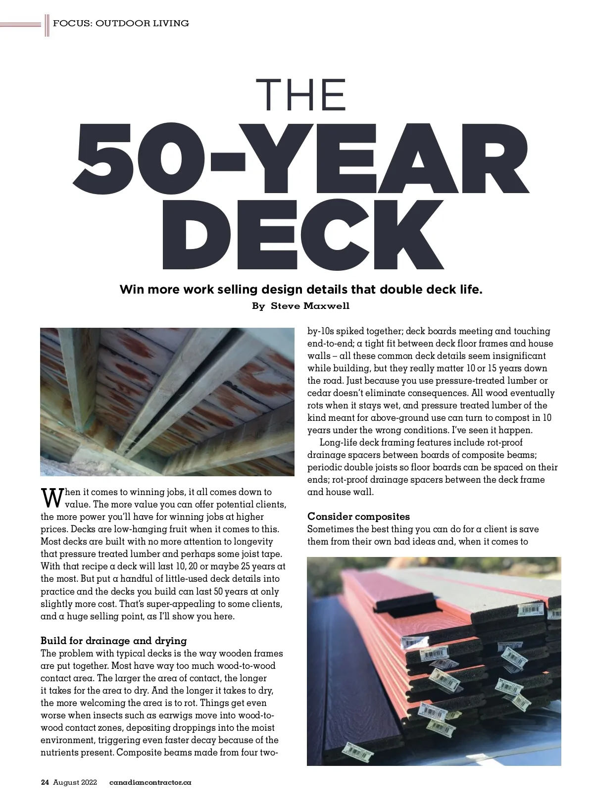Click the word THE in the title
[x=301, y=96]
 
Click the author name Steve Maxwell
[x=310, y=306]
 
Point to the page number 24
[x=45, y=783]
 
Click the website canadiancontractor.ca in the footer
[x=150, y=783]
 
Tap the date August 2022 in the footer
[x=75, y=783]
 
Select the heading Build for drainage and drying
[x=114, y=641]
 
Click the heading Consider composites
[x=358, y=517]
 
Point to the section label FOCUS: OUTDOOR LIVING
[x=121, y=23]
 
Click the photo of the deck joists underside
[x=167, y=402]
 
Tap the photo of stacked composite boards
[x=434, y=661]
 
